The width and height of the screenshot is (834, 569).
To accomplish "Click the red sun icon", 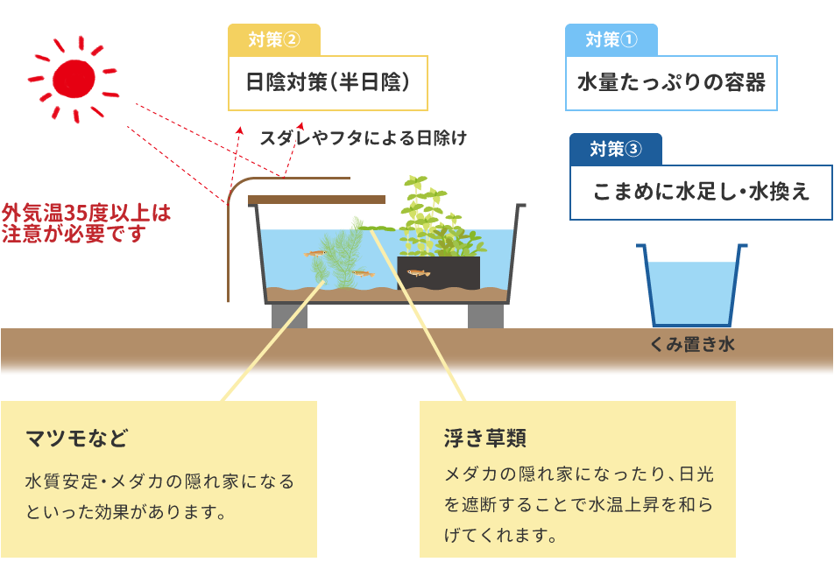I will pos(74,79).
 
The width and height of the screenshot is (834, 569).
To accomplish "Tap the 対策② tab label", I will pos(273,39).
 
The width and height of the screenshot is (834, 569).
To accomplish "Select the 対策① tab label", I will pos(611,39).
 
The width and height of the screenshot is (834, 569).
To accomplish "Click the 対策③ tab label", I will pos(615,149).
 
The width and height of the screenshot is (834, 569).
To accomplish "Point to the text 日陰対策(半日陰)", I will pos(328,83).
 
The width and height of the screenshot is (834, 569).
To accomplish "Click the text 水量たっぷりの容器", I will pos(671,83).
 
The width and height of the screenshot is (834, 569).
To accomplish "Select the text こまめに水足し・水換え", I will pos(701,192).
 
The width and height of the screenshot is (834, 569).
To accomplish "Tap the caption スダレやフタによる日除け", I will pos(363,137).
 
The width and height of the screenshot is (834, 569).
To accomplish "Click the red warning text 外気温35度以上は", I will pos(86,213).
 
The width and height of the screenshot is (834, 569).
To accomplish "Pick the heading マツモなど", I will pos(76,437).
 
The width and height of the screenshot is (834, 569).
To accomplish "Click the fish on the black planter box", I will pos(419,273).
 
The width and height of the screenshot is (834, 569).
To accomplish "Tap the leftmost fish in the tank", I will pos(315,254).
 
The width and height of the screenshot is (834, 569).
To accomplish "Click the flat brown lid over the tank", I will pos(316,200).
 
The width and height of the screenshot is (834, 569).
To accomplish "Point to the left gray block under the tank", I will pos(289,315).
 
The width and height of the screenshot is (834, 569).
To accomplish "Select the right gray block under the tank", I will pos(485,315).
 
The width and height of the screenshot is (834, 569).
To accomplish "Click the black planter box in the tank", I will pos(438,272).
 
